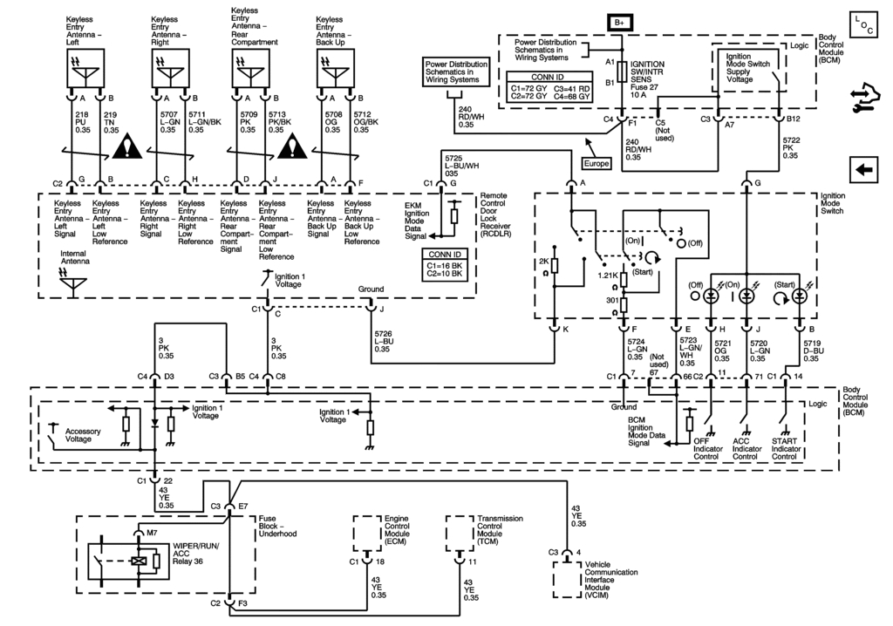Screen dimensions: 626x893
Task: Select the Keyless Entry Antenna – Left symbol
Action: coord(85,64)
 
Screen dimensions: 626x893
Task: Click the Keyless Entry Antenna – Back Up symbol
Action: coord(334,64)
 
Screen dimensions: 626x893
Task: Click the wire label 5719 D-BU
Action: coord(812,350)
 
